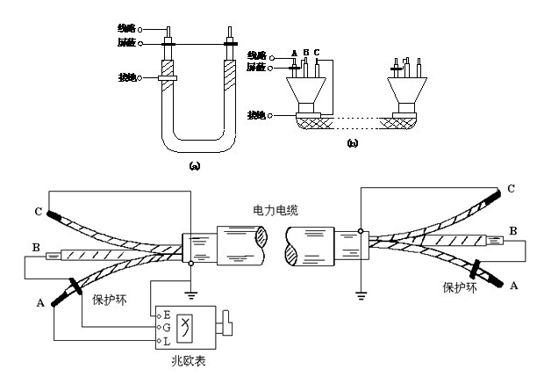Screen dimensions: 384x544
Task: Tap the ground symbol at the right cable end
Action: [361, 295]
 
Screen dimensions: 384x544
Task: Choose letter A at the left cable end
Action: [40, 303]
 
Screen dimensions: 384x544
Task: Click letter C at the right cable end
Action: [511, 188]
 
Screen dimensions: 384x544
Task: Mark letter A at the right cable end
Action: [513, 285]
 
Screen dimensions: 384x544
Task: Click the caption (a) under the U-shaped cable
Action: [195, 164]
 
